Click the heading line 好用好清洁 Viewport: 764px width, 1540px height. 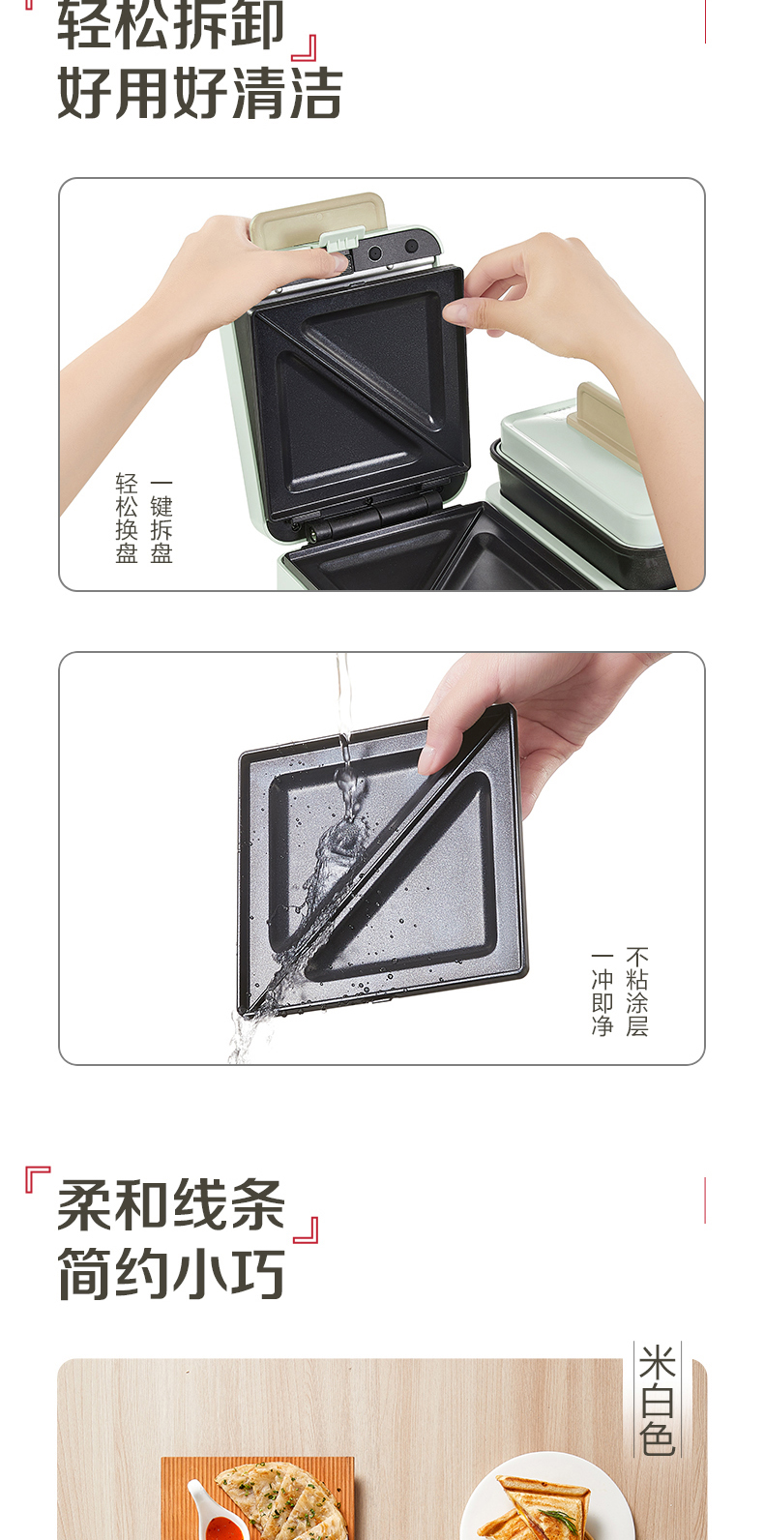pos(200,94)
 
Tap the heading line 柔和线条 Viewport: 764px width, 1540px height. pos(171,1205)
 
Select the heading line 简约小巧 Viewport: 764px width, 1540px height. pos(171,1274)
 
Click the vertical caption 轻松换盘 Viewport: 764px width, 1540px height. pos(127,518)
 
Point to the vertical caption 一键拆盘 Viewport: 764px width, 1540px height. pos(162,518)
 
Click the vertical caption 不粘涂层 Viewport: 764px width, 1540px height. pos(637,992)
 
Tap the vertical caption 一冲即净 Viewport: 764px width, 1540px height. pos(602,992)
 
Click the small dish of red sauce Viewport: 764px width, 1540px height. pos(209,1518)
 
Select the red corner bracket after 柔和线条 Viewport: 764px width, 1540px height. pos(306,1229)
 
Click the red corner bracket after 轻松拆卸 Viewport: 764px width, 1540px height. pos(305,48)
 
